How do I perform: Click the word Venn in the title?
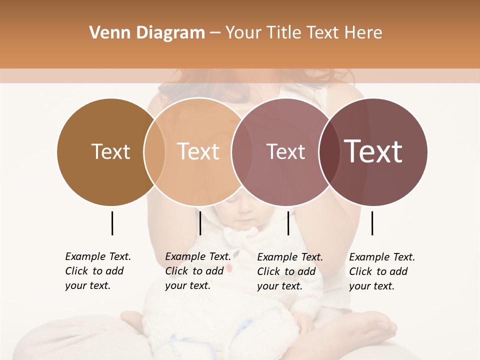[x=106, y=33]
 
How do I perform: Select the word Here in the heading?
[x=363, y=33]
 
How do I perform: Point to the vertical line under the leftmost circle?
[x=112, y=223]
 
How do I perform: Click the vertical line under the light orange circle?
[x=200, y=223]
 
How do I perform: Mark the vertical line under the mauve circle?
[x=288, y=223]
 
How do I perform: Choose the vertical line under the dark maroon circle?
[x=372, y=223]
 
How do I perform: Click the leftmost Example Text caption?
[x=98, y=271]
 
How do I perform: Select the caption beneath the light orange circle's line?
[x=198, y=271]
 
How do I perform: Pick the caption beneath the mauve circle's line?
[x=290, y=271]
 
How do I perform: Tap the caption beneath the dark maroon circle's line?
[x=382, y=271]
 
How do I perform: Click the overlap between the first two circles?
[x=154, y=152]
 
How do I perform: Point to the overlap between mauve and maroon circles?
[x=329, y=152]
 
